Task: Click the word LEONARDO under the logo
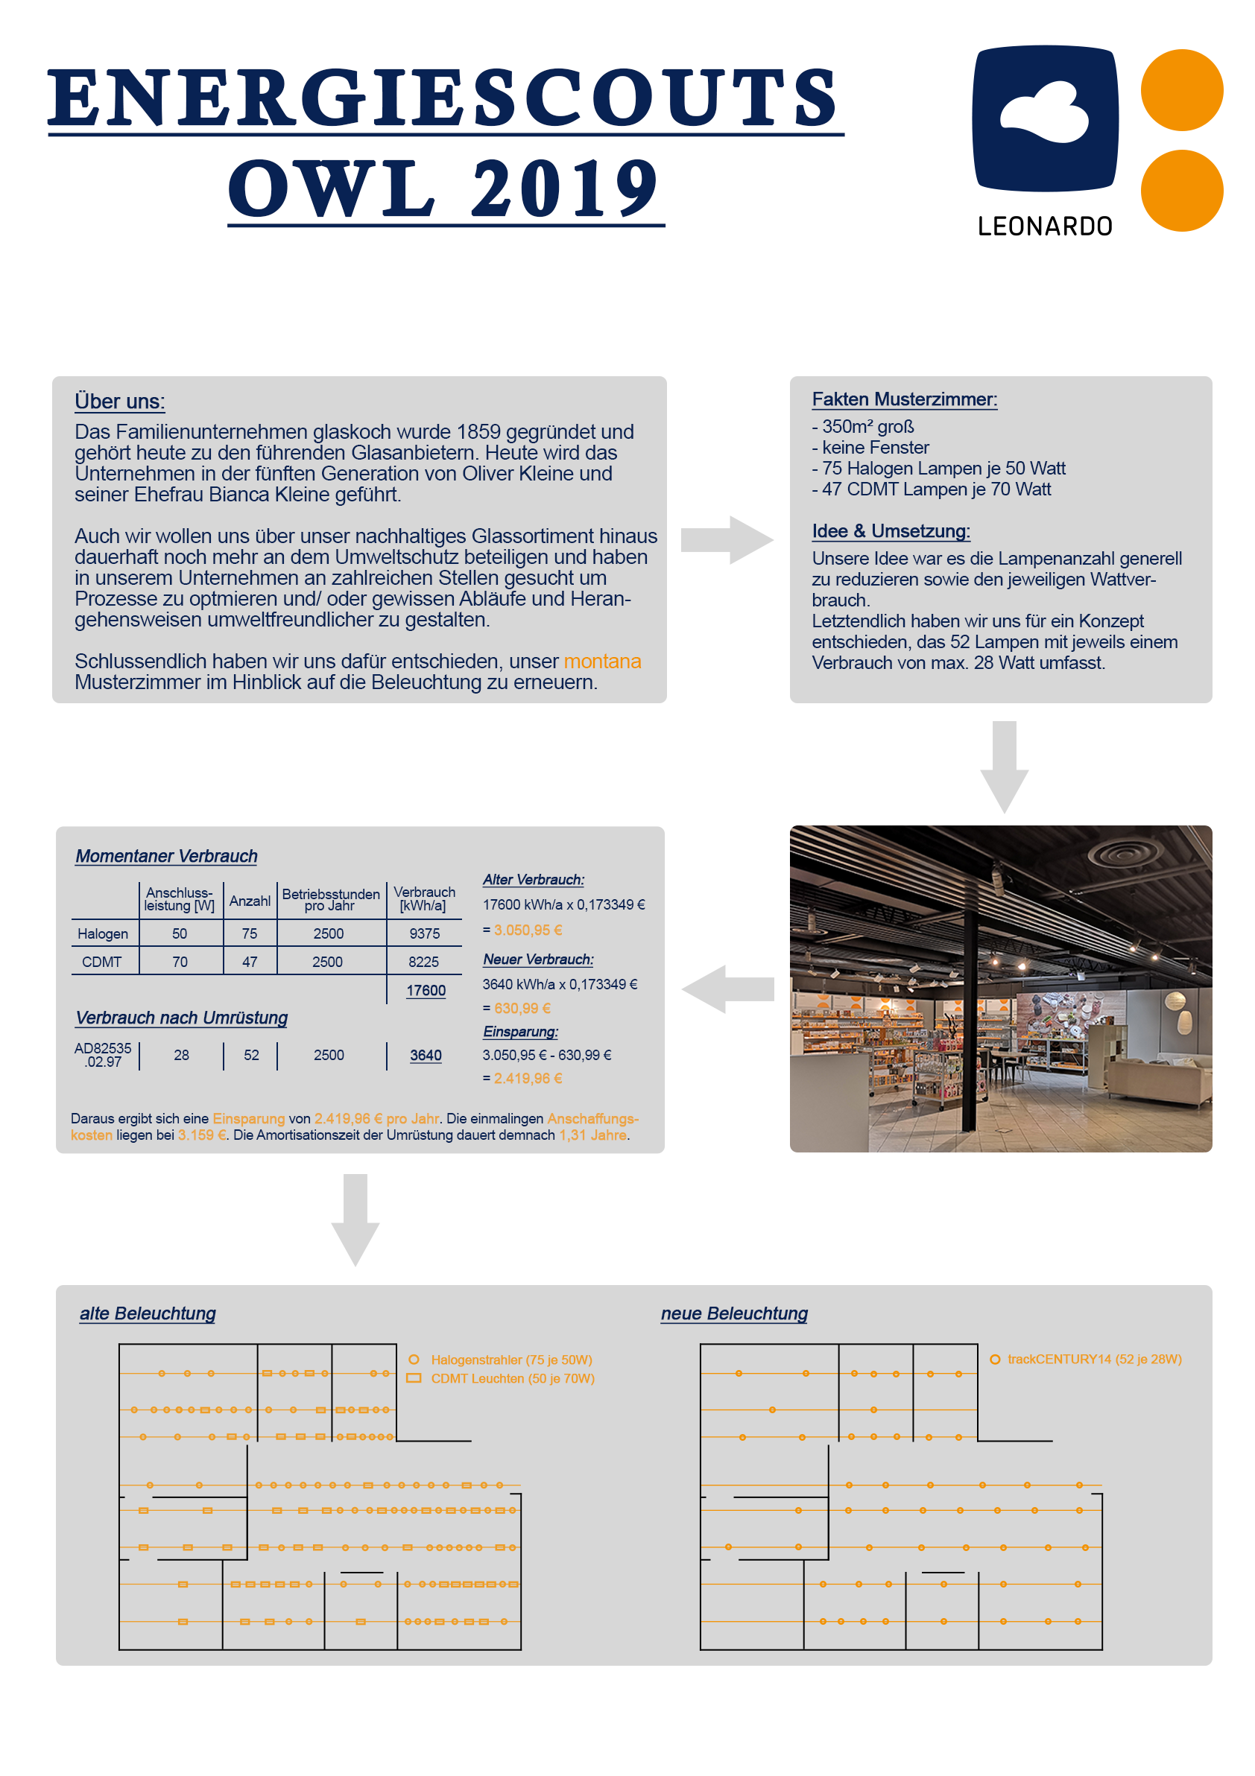pos(1045,226)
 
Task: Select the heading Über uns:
pos(119,402)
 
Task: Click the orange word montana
pos(602,662)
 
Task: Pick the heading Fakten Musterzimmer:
pos(904,399)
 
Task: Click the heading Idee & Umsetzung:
pos(891,530)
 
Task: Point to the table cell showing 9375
pos(424,933)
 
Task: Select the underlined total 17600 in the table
pos(426,990)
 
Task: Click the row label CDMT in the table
pos(101,962)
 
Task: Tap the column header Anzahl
pos(249,901)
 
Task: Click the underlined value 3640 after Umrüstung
pos(426,1055)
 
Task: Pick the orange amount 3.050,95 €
pos(528,930)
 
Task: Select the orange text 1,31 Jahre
pos(592,1135)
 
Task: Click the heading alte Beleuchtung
pos(148,1313)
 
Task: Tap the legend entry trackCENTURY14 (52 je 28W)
pos(1094,1359)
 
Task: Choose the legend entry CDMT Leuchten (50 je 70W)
pos(512,1378)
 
